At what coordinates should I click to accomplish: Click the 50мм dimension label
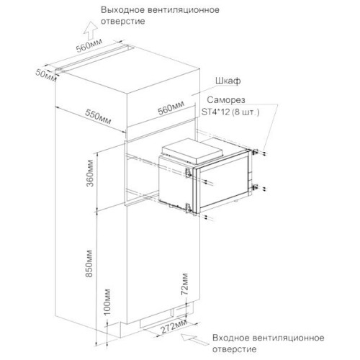point(46,76)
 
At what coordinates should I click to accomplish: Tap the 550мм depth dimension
point(98,117)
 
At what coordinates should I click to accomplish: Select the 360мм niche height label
point(90,173)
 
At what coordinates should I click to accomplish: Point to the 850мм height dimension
point(89,264)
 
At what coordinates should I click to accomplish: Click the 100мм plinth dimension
point(107,302)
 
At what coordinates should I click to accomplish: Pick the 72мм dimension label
point(184,284)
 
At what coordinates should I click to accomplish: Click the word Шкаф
point(228,81)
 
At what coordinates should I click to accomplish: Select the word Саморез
point(226,99)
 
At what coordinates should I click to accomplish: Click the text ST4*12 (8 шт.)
point(230,112)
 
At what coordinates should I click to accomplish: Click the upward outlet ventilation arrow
point(91,30)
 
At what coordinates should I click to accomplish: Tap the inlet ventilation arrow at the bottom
point(193,339)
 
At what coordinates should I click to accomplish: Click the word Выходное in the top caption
point(122,10)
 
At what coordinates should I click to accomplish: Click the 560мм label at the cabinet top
point(89,45)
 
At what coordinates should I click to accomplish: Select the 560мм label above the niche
point(171,107)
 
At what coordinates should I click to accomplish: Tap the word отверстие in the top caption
point(123,22)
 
